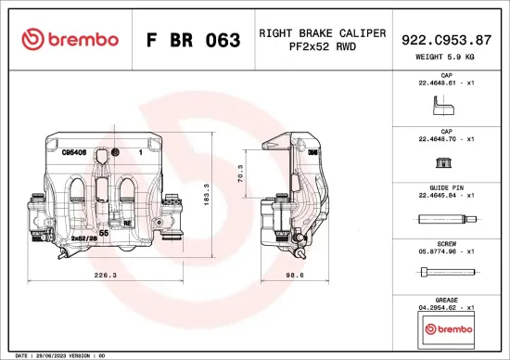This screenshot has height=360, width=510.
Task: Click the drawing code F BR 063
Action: pyautogui.click(x=194, y=40)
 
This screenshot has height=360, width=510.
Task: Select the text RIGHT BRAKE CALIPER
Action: pyautogui.click(x=322, y=32)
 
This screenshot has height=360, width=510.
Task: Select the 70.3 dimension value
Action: pyautogui.click(x=240, y=174)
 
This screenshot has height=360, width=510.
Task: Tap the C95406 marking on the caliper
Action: pyautogui.click(x=74, y=151)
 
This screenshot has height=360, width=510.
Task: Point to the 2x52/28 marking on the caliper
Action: pyautogui.click(x=83, y=238)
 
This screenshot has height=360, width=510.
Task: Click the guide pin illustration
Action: pyautogui.click(x=447, y=220)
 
